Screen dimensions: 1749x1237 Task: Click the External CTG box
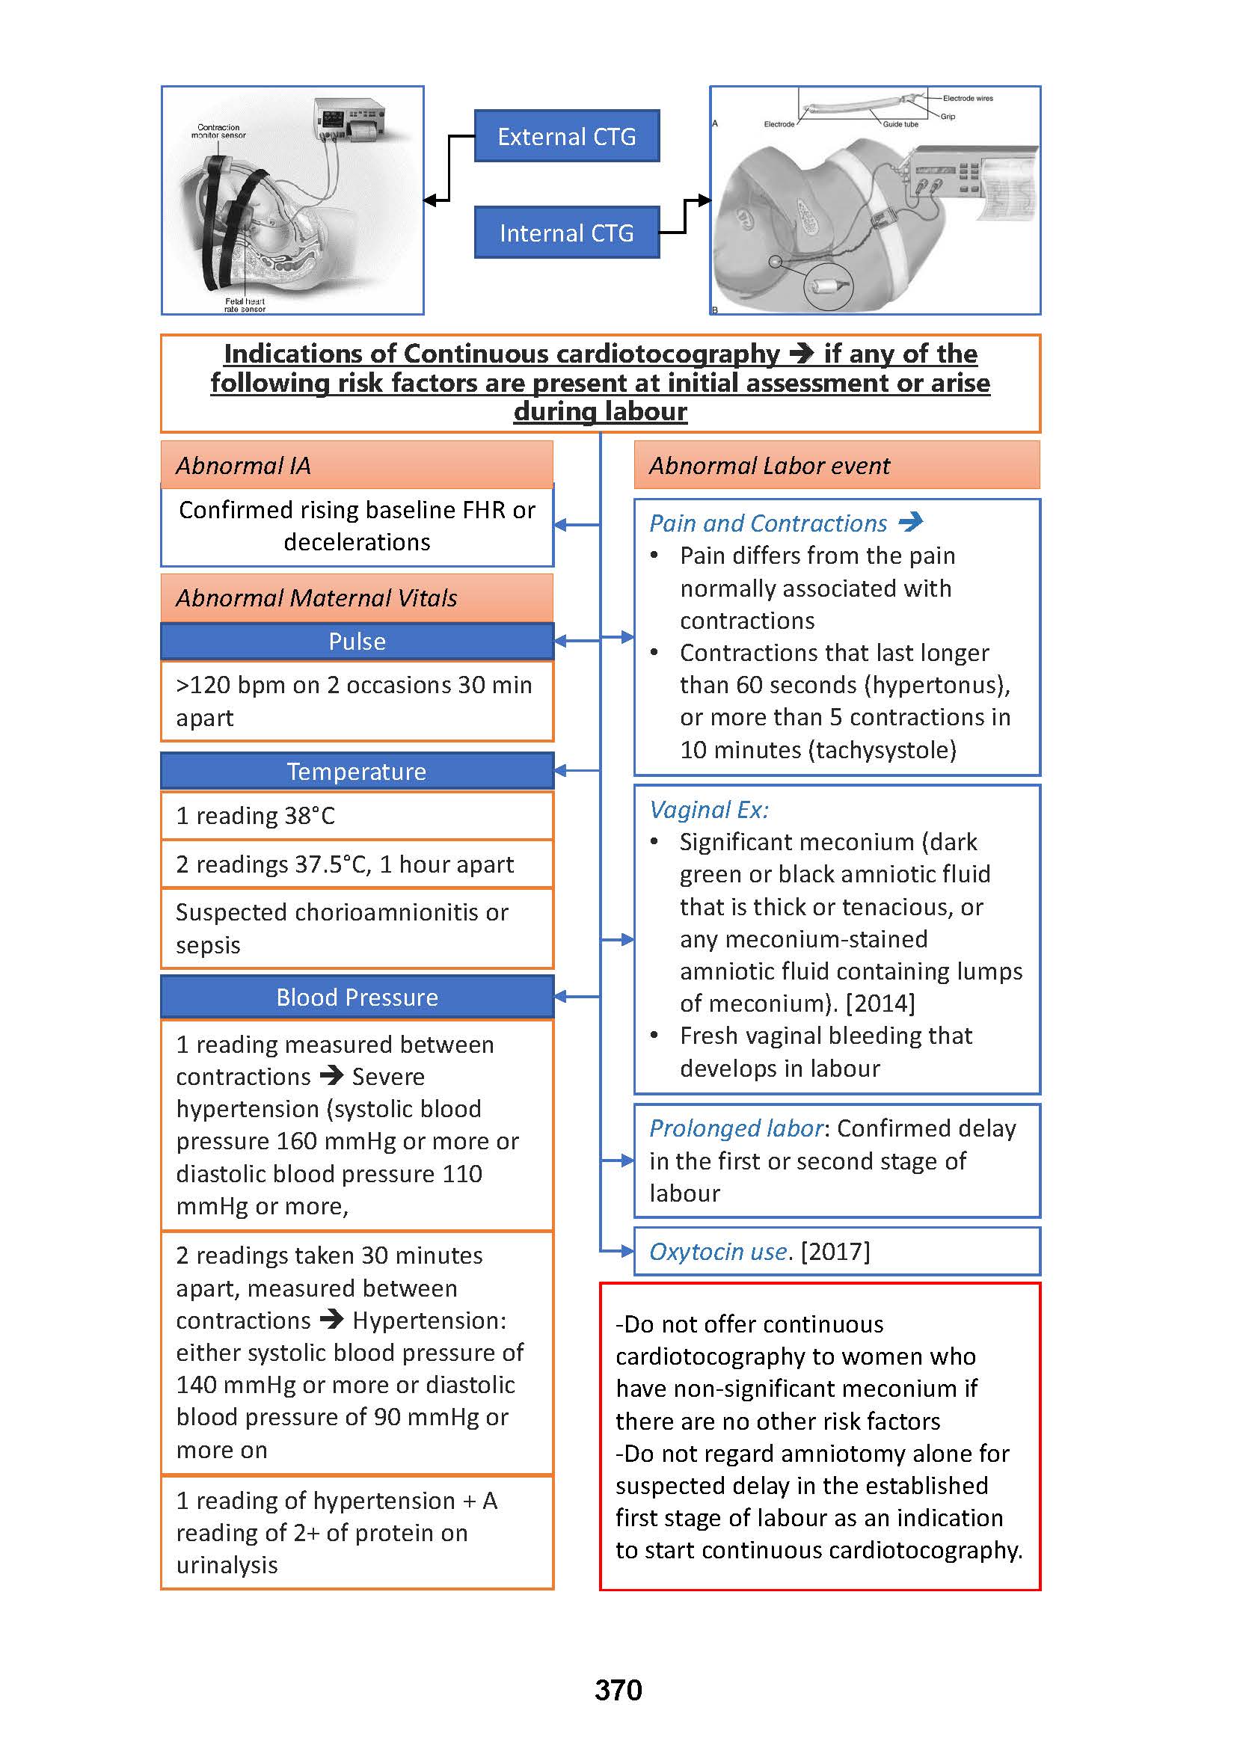[566, 136]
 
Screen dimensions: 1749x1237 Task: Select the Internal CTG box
[566, 233]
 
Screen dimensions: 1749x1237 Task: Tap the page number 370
[618, 1690]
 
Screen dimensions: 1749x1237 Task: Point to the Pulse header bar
[357, 642]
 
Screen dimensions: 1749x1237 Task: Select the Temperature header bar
[357, 772]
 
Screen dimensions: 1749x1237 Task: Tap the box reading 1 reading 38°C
[357, 816]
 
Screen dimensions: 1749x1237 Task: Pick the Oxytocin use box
[836, 1252]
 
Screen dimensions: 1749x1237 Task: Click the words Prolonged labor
[736, 1128]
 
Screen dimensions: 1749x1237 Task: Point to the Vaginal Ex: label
[708, 810]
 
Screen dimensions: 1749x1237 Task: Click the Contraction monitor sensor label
[218, 131]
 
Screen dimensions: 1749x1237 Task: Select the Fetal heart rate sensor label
[245, 304]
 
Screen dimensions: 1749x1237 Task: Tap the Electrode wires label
[967, 98]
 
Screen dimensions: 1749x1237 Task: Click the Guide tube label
[900, 124]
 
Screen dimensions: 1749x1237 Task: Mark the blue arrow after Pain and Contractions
[910, 522]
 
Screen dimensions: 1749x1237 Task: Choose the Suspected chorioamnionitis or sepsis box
[357, 929]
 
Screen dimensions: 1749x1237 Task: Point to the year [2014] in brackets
[880, 1003]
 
